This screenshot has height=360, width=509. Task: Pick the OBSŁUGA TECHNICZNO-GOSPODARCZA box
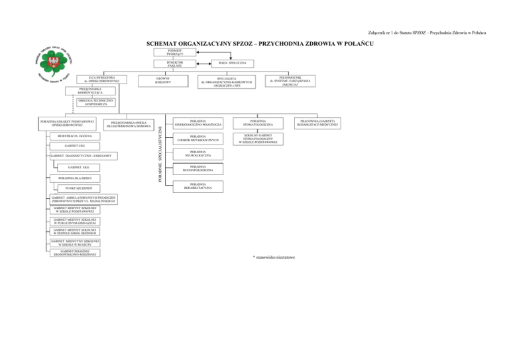92,102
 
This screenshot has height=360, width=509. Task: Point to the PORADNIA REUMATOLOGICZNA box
198,170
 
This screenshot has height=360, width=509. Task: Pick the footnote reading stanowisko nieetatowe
274,257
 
